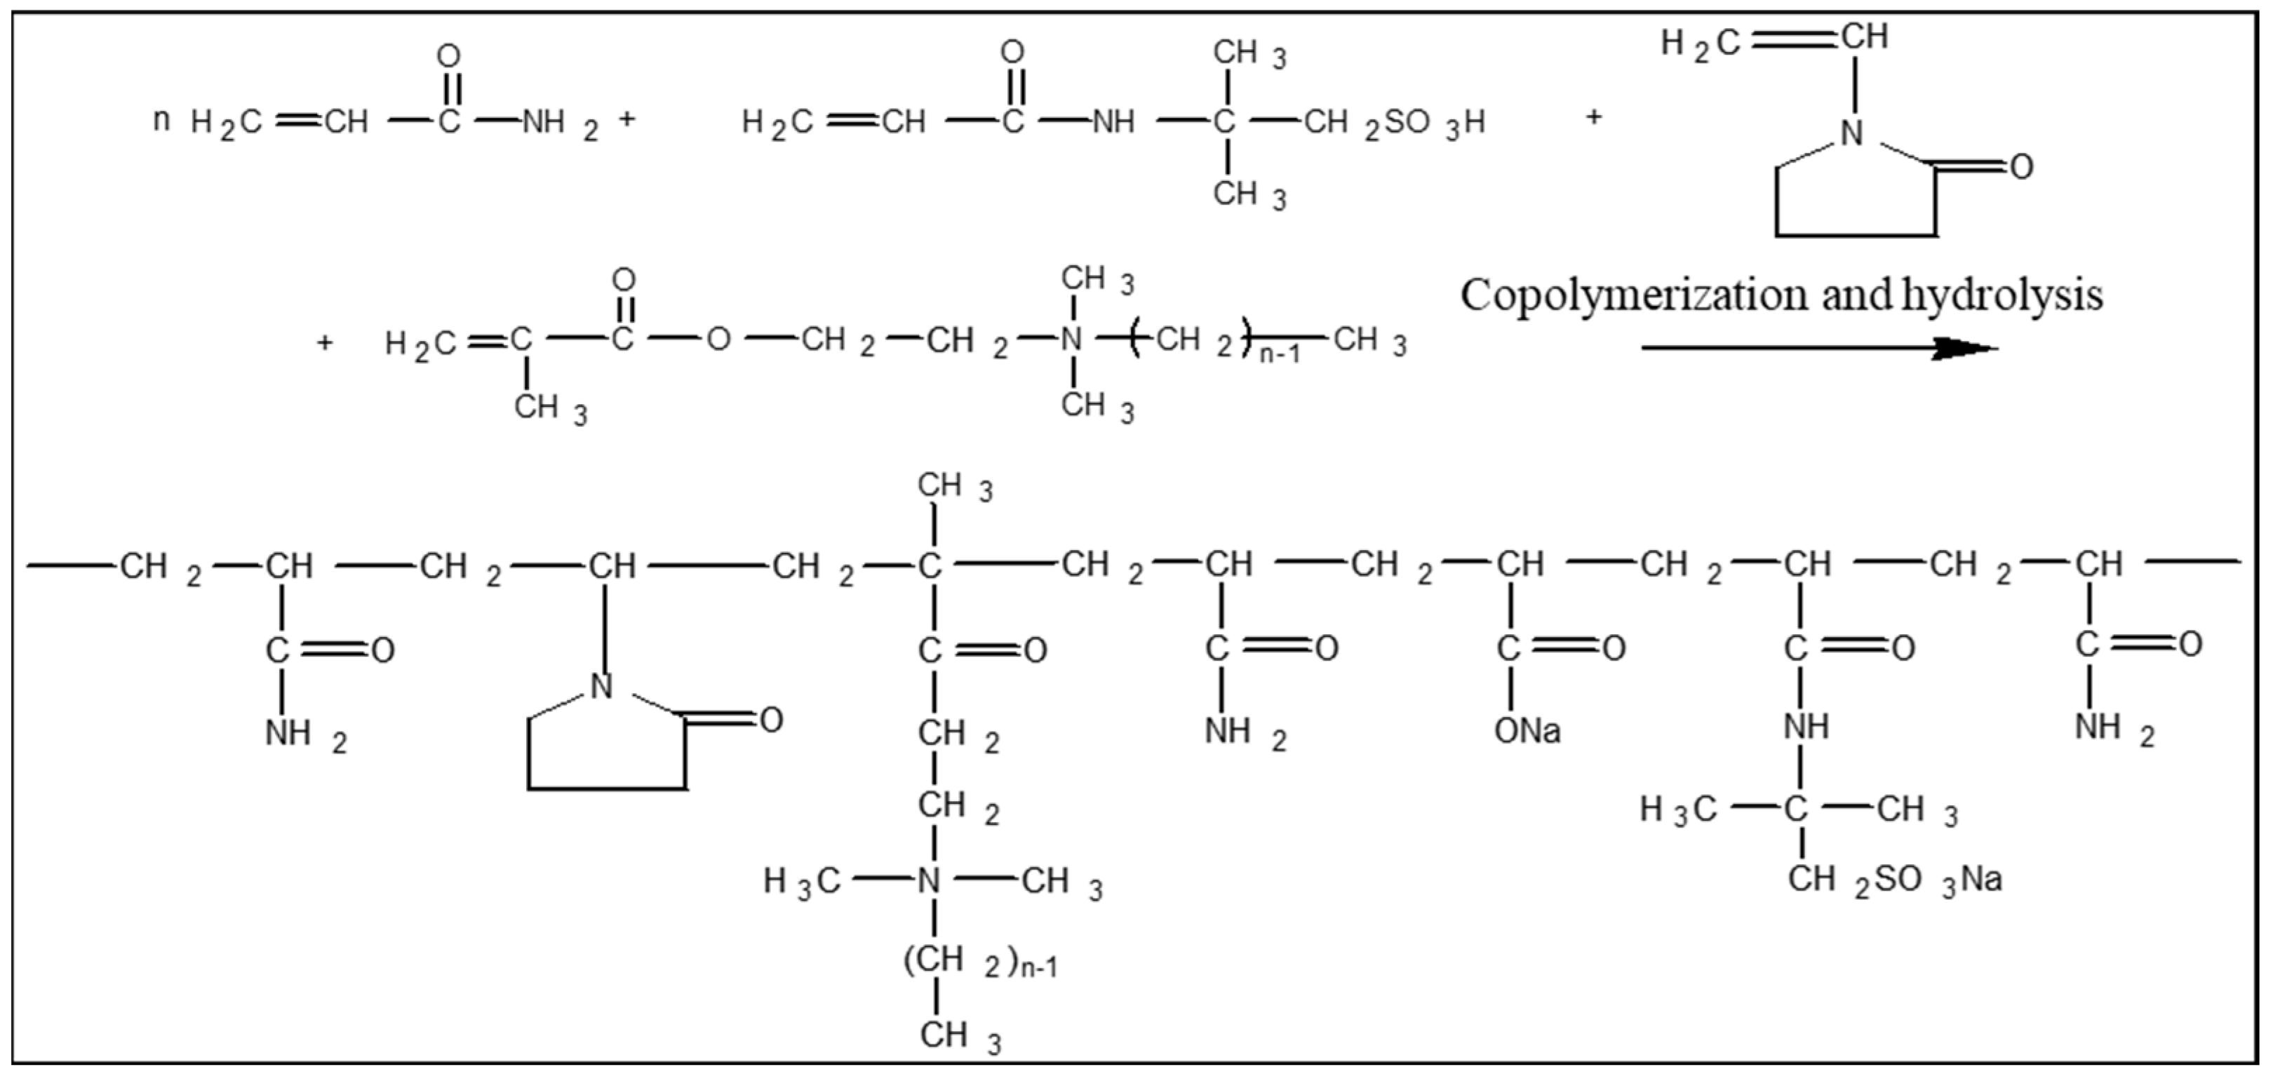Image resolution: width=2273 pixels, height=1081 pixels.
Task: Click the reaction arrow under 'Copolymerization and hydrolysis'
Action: coord(1818,348)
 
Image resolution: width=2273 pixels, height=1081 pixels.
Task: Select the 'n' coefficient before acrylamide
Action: coord(161,119)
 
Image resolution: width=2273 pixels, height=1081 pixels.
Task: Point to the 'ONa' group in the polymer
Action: coord(1527,731)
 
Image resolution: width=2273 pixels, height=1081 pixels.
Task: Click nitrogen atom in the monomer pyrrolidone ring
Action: coord(1852,133)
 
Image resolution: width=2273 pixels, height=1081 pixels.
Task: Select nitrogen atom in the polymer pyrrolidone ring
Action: coord(601,685)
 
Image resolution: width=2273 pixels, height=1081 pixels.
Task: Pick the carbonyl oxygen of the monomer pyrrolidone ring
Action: coord(2020,166)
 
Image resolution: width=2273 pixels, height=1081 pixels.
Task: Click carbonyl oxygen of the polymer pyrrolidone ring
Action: coord(770,720)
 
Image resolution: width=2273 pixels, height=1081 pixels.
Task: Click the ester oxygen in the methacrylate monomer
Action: coord(718,339)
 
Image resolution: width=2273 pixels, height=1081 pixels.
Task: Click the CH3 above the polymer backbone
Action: coord(952,486)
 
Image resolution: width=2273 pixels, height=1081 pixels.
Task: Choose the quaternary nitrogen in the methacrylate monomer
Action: coord(1071,339)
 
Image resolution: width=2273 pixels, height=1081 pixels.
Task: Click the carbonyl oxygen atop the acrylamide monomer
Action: coord(448,57)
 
